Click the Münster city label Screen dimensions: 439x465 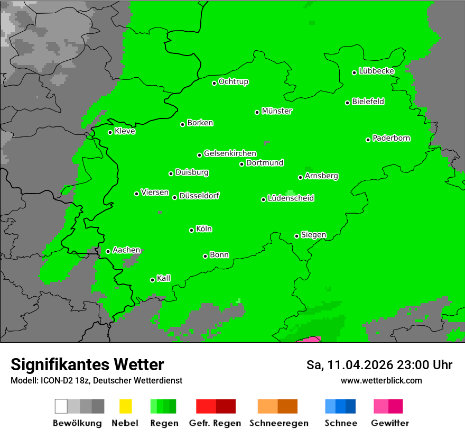pos(277,111)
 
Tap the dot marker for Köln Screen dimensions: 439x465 pos(191,230)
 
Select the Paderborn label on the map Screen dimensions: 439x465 pos(392,138)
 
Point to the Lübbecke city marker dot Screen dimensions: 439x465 pos(355,72)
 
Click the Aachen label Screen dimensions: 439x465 pos(126,250)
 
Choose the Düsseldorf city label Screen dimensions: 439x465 pos(199,196)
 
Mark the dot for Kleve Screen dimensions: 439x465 pos(110,132)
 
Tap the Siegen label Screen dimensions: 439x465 pos(313,235)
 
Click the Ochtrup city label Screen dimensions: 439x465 pos(234,82)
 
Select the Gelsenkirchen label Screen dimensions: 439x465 pos(230,153)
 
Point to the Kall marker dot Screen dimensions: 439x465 pos(152,280)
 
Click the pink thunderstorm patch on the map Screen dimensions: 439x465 pos(309,340)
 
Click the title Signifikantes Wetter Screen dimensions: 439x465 pos(87,365)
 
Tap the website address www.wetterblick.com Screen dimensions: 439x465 pos(381,380)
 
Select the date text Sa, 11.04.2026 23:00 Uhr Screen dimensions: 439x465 pos(379,365)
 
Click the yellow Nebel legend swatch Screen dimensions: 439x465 pos(125,406)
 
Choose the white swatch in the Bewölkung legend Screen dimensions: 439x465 pos(61,406)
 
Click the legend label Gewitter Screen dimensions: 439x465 pos(389,423)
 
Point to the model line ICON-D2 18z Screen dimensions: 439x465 pos(96,380)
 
